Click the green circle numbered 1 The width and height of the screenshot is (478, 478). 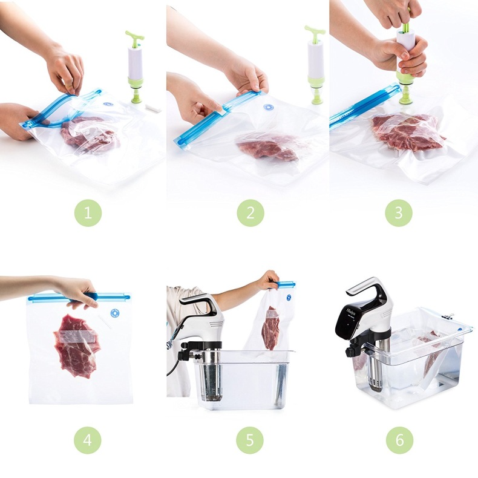click(x=88, y=213)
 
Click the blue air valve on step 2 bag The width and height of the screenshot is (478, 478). click(x=269, y=107)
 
